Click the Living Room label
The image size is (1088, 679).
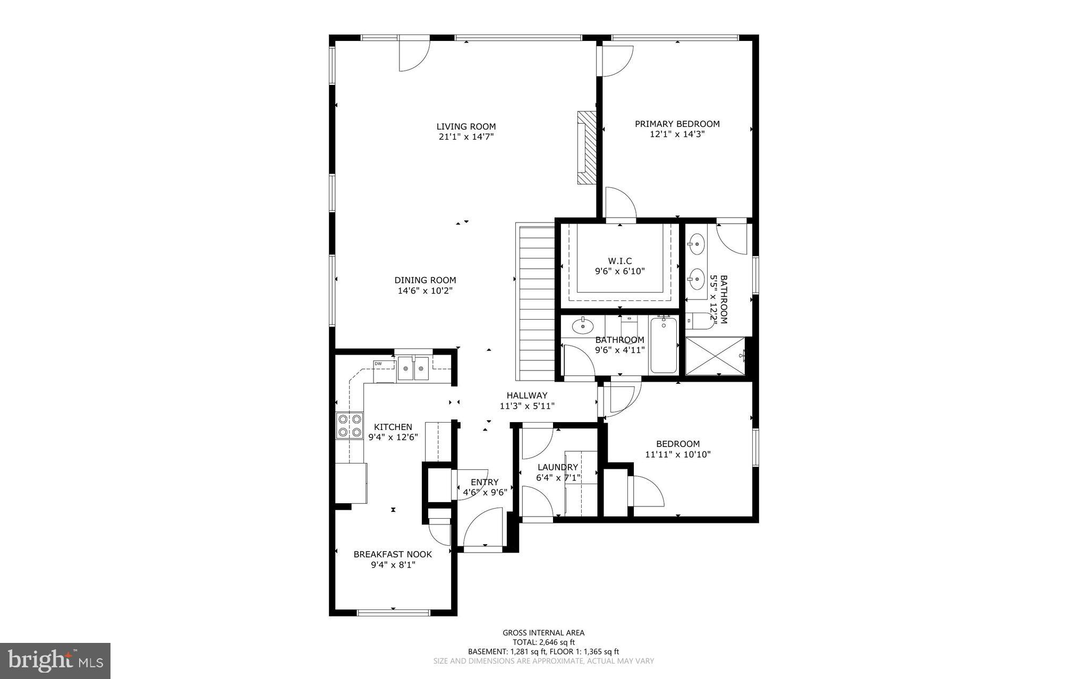[466, 126]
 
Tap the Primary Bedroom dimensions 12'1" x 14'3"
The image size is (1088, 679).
[677, 134]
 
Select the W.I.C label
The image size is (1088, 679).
[619, 261]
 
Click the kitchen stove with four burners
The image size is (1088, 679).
[350, 426]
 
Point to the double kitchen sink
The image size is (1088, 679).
[413, 368]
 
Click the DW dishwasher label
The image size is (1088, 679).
[378, 364]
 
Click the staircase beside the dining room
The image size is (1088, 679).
[536, 300]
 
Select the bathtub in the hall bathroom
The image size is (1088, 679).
[664, 345]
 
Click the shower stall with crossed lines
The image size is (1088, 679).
[715, 355]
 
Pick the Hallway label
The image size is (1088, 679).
[526, 396]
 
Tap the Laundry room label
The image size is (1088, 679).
[557, 467]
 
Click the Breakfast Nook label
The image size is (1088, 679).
[393, 554]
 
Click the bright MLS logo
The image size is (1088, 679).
[55, 660]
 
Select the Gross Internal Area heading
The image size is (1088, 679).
[543, 632]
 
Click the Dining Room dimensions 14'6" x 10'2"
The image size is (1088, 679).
[425, 291]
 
